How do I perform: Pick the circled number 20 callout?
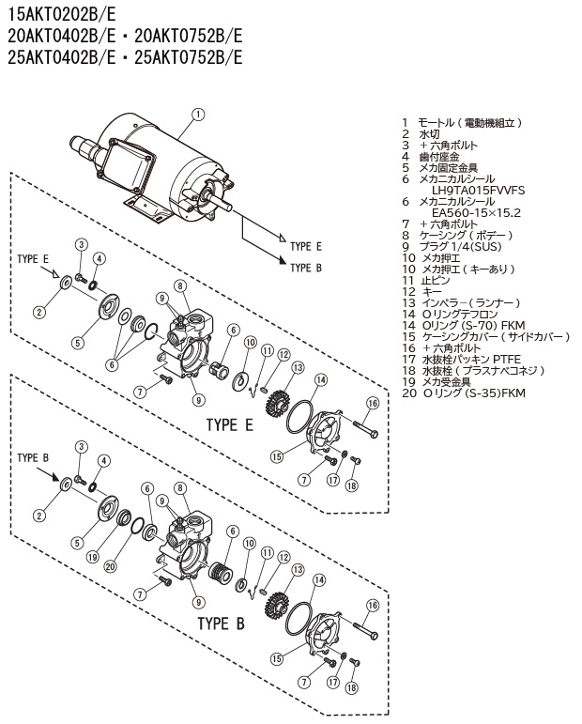tap(110, 566)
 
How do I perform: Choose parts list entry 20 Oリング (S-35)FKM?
tap(463, 393)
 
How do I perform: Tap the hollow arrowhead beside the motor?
tap(281, 246)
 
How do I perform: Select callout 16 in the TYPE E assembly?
tap(373, 403)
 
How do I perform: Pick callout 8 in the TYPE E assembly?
tap(178, 285)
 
